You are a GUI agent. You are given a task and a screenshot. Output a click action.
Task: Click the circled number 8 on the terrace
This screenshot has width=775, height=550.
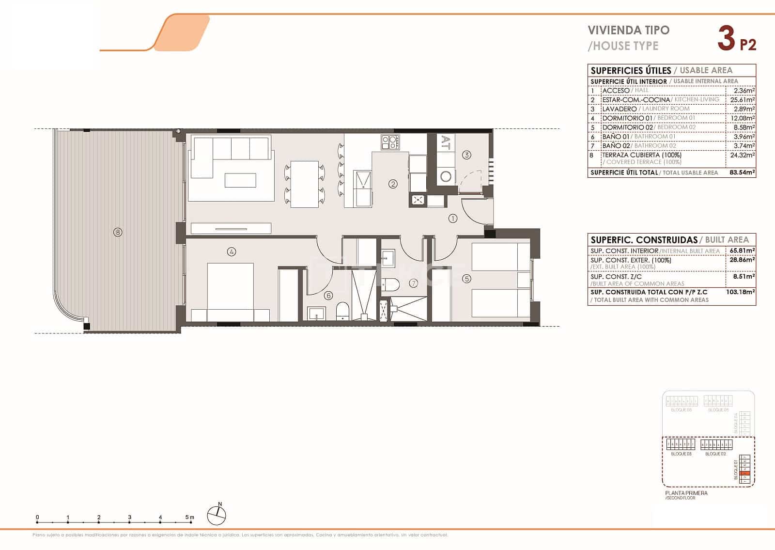pyautogui.click(x=117, y=232)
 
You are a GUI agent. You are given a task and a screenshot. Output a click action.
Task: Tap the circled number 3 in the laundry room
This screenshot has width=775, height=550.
pyautogui.click(x=466, y=155)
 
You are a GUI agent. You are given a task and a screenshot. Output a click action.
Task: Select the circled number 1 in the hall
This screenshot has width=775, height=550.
pyautogui.click(x=453, y=219)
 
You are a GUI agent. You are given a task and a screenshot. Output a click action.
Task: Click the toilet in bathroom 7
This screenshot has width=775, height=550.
pyautogui.click(x=389, y=284)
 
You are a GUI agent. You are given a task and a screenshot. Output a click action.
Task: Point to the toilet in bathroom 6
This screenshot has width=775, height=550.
pyautogui.click(x=342, y=311)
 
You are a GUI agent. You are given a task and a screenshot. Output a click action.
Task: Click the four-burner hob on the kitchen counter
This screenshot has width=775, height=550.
pyautogui.click(x=390, y=142)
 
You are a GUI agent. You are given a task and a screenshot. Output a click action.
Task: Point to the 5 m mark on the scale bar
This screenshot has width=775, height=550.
pyautogui.click(x=190, y=518)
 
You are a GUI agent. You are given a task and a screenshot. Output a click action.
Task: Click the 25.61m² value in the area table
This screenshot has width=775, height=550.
pyautogui.click(x=743, y=100)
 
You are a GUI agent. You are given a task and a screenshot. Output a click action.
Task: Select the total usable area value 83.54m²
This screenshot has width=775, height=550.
pyautogui.click(x=742, y=173)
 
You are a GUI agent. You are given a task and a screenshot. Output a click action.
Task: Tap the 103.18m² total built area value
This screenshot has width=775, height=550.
pyautogui.click(x=741, y=292)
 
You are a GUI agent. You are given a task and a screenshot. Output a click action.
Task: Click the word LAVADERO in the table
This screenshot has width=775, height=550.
pyautogui.click(x=619, y=109)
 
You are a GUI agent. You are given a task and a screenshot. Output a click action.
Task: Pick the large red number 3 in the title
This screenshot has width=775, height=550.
pyautogui.click(x=726, y=39)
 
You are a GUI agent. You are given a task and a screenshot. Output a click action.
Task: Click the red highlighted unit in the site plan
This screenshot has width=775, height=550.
pyautogui.click(x=746, y=473)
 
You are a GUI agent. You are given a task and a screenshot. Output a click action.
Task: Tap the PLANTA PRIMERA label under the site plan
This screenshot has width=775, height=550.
pyautogui.click(x=686, y=493)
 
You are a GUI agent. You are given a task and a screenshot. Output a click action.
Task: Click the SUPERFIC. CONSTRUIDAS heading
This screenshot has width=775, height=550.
pyautogui.click(x=644, y=240)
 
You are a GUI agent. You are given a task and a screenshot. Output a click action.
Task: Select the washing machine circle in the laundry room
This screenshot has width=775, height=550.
pyautogui.click(x=446, y=176)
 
